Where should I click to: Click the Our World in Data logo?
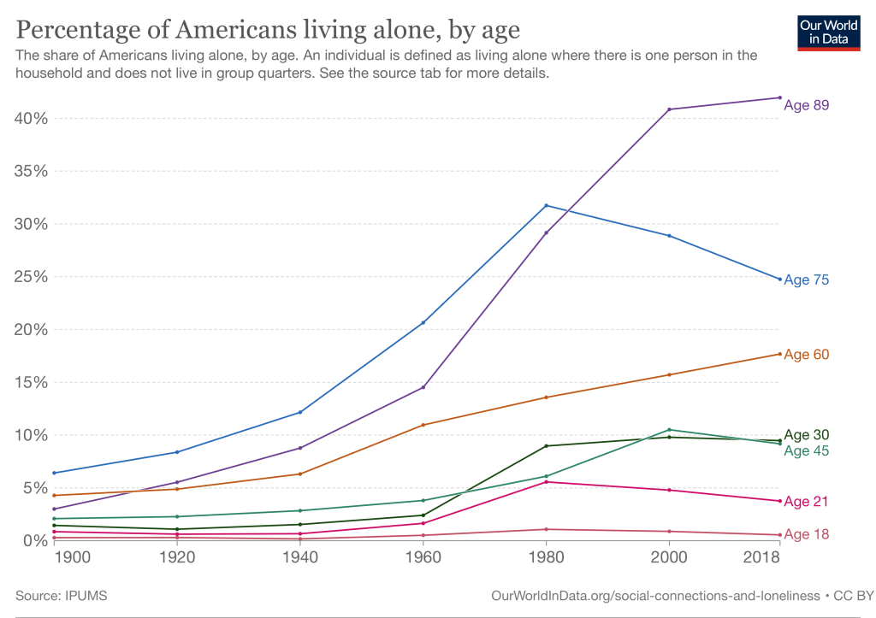click(x=828, y=32)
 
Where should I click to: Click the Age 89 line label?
click(x=807, y=105)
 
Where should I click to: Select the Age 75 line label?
click(x=807, y=280)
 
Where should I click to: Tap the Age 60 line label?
click(x=807, y=355)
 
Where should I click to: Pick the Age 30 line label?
click(x=807, y=434)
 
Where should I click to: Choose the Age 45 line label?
click(x=807, y=450)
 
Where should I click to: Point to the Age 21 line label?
click(x=807, y=502)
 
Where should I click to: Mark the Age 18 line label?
click(x=807, y=534)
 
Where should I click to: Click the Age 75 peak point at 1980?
click(x=546, y=205)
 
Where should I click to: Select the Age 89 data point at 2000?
click(x=669, y=109)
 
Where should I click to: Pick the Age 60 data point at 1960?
click(x=423, y=425)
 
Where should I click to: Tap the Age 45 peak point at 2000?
click(x=669, y=430)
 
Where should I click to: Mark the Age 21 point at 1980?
click(x=546, y=482)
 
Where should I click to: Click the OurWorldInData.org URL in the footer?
click(x=650, y=594)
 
